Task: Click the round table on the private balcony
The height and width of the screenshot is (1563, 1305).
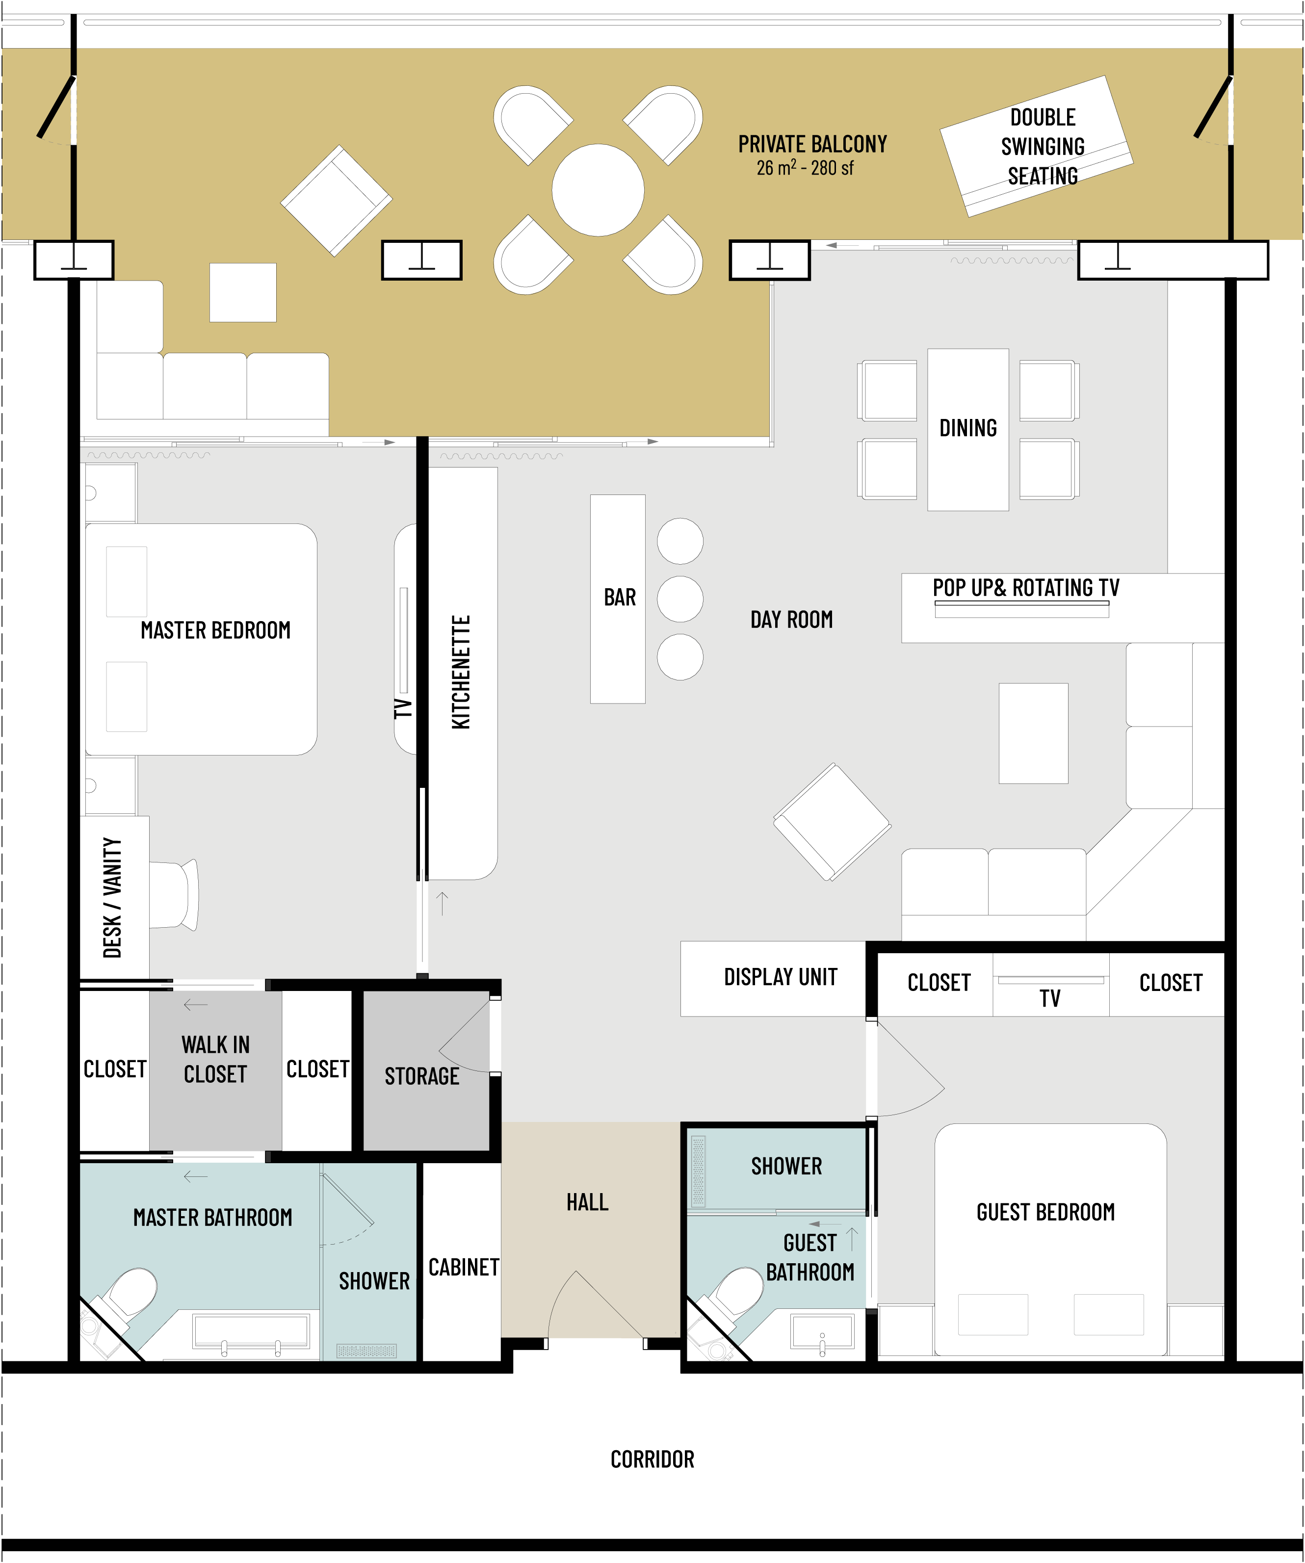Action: pyautogui.click(x=598, y=190)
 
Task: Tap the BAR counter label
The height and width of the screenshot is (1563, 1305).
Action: pyautogui.click(x=619, y=598)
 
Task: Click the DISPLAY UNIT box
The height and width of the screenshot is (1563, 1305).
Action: pyautogui.click(x=773, y=979)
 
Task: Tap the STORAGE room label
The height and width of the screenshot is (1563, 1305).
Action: pyautogui.click(x=422, y=1076)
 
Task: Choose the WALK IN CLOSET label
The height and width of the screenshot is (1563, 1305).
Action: pyautogui.click(x=215, y=1060)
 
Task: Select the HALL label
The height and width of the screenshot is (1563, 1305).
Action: pyautogui.click(x=587, y=1202)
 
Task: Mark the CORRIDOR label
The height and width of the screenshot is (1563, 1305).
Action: pyautogui.click(x=652, y=1459)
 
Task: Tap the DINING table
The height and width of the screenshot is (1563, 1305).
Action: pyautogui.click(x=968, y=429)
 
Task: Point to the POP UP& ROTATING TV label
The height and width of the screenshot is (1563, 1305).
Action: pyautogui.click(x=1026, y=588)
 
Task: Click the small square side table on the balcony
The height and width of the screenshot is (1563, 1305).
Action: pyautogui.click(x=243, y=292)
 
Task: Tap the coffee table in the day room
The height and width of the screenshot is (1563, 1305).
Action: pyautogui.click(x=1033, y=733)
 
